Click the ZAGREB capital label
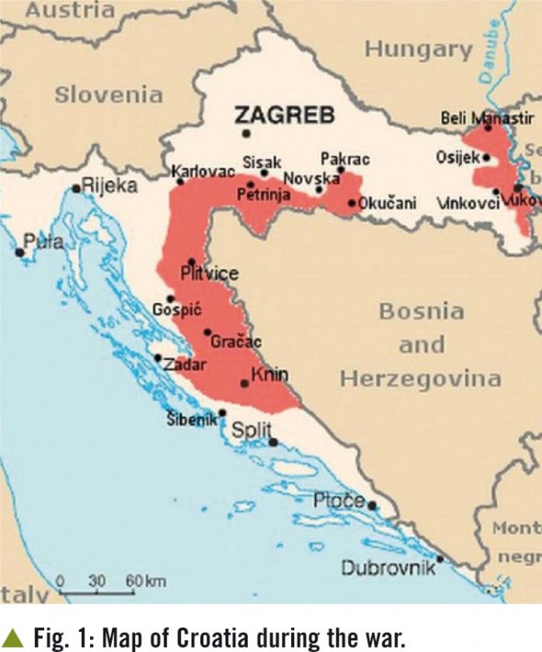(x=284, y=114)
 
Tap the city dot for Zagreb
(x=246, y=133)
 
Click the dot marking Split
(x=274, y=442)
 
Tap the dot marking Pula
(x=19, y=252)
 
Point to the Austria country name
(x=70, y=11)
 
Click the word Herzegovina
(x=420, y=379)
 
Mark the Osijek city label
(x=457, y=157)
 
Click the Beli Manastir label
(x=487, y=118)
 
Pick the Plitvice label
(x=209, y=273)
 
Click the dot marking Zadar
(x=158, y=358)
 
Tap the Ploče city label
(x=339, y=500)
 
